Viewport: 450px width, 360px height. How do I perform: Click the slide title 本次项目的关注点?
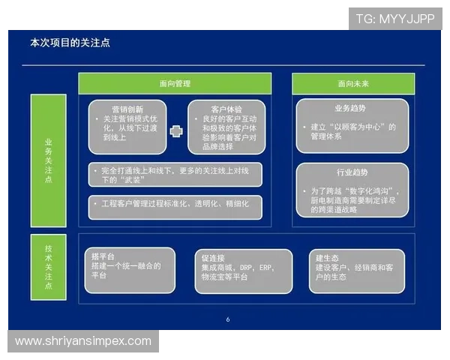pyautogui.click(x=70, y=43)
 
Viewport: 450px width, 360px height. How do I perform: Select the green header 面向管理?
pyautogui.click(x=175, y=83)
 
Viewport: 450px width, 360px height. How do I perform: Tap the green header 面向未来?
pyautogui.click(x=350, y=83)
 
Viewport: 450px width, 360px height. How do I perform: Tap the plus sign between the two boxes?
pyautogui.click(x=176, y=131)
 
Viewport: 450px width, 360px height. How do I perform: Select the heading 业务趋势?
pyautogui.click(x=350, y=109)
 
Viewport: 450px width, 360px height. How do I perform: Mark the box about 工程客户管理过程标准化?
pyautogui.click(x=174, y=204)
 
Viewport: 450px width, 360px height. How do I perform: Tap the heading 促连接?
pyautogui.click(x=212, y=257)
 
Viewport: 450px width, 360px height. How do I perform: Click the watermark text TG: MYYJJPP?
pyautogui.click(x=394, y=18)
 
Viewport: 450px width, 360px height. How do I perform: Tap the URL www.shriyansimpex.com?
pyautogui.click(x=83, y=341)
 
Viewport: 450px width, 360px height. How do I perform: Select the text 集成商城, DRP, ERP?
pyautogui.click(x=237, y=267)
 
